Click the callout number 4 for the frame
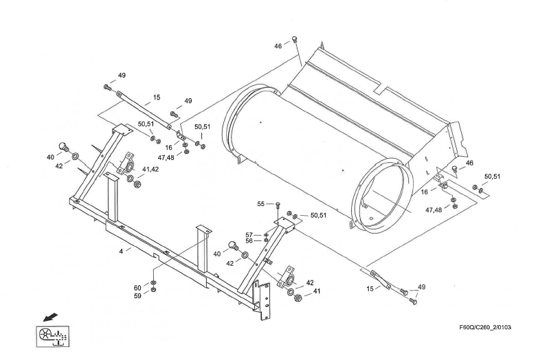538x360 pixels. click(x=120, y=251)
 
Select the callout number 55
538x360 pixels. click(x=261, y=204)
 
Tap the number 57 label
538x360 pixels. click(x=250, y=234)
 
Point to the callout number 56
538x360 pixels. click(x=250, y=241)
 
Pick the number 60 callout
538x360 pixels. click(x=137, y=288)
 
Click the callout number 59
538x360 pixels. click(x=137, y=296)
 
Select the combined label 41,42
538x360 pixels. click(x=151, y=169)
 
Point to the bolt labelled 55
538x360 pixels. click(x=278, y=205)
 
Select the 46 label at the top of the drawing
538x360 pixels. click(x=278, y=45)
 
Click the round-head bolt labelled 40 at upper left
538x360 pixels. click(x=63, y=146)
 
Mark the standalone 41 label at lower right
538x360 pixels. click(x=317, y=292)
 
